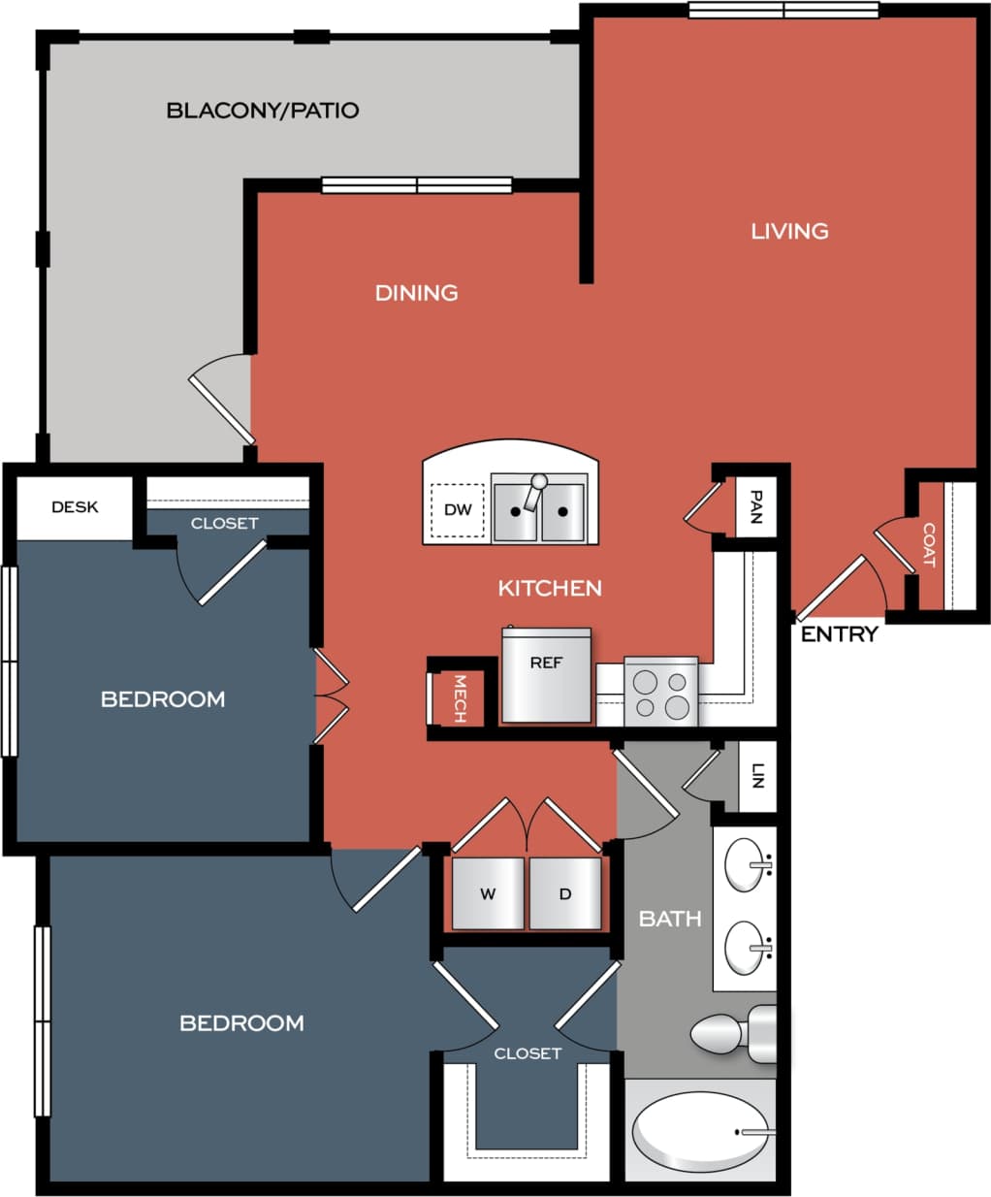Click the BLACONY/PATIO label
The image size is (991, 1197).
pos(263,111)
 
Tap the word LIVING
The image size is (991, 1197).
pos(789,231)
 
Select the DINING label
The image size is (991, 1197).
pos(416,293)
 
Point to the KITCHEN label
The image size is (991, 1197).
pos(550,588)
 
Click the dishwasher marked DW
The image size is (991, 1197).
pos(458,510)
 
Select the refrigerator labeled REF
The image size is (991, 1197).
pos(546,675)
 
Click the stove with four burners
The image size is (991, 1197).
pos(660,693)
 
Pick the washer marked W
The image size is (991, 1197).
pos(488,893)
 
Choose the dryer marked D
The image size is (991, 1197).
pos(565,893)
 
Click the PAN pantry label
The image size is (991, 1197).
pos(756,506)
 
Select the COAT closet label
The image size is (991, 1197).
pos(928,545)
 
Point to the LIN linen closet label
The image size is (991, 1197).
pos(758,776)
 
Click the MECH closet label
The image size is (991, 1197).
pos(460,698)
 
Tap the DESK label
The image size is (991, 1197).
pos(75,507)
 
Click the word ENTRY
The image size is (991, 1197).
pos(839,634)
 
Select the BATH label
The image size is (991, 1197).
pos(670,918)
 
